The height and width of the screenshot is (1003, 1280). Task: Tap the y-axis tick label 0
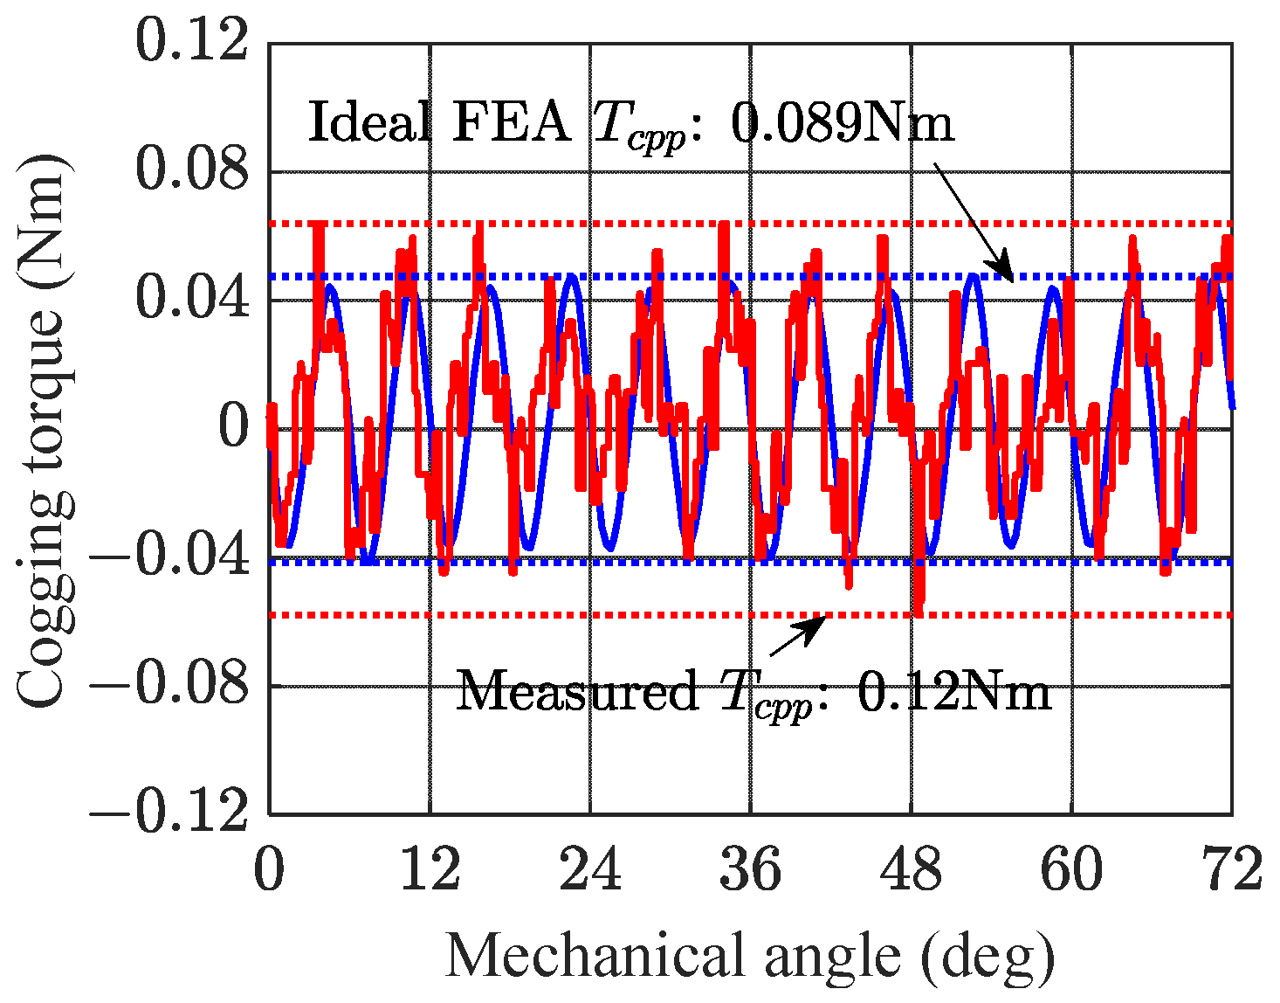pyautogui.click(x=233, y=428)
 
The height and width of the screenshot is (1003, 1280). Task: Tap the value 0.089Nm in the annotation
pyautogui.click(x=842, y=124)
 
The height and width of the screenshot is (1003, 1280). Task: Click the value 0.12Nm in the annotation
pyautogui.click(x=954, y=693)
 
